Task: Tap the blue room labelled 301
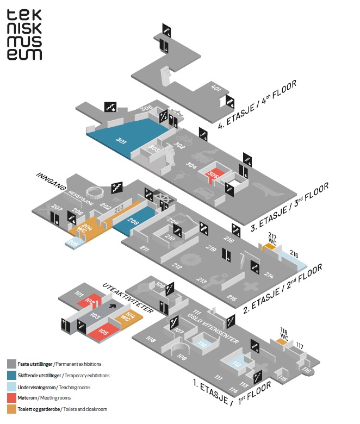click(122, 140)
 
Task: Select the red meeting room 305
click(213, 175)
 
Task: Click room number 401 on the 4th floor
click(216, 88)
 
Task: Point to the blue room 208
click(134, 220)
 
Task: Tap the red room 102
click(91, 302)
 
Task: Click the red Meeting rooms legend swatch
click(11, 397)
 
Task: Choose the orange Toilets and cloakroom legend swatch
click(11, 408)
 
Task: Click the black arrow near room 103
click(113, 306)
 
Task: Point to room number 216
click(294, 253)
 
